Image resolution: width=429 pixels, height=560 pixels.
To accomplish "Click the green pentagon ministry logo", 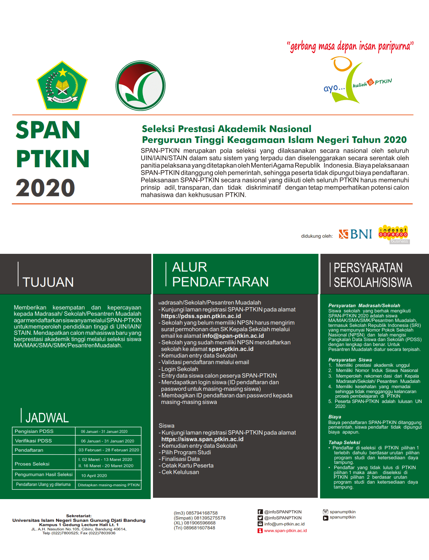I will point(62,86).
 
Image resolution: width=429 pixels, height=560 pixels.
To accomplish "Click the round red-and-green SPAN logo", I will point(140,86).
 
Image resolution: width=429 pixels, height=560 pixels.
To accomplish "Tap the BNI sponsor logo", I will point(356,234).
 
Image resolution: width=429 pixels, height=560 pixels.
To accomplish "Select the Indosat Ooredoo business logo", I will point(393,234).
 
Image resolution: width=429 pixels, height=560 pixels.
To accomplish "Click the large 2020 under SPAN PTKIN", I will point(45,188).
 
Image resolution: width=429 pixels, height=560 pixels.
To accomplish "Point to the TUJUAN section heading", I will point(48,282).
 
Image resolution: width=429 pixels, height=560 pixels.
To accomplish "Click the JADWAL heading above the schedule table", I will point(47,418).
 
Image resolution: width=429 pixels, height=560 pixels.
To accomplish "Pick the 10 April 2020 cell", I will point(94,475).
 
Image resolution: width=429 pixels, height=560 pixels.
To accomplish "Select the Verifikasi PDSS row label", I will point(33,440).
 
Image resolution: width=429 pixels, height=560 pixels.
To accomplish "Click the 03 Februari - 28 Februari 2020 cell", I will point(109,450).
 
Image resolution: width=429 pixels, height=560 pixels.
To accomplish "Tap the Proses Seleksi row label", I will point(32,464).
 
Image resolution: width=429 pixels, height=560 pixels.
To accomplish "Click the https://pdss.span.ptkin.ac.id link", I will point(201,316).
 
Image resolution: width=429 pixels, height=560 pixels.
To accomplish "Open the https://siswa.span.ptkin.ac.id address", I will point(202,439).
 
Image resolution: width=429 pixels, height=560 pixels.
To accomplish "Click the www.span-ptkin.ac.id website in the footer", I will point(285,530).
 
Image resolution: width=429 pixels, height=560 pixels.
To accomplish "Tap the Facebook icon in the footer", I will point(260,512).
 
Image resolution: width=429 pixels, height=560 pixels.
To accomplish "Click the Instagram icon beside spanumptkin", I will point(326,512).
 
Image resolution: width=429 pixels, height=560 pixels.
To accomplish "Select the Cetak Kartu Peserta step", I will point(187,466).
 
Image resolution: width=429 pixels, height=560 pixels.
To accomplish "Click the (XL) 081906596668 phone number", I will point(194,523).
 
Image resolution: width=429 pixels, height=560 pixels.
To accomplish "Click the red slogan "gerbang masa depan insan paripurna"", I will point(350,46).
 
